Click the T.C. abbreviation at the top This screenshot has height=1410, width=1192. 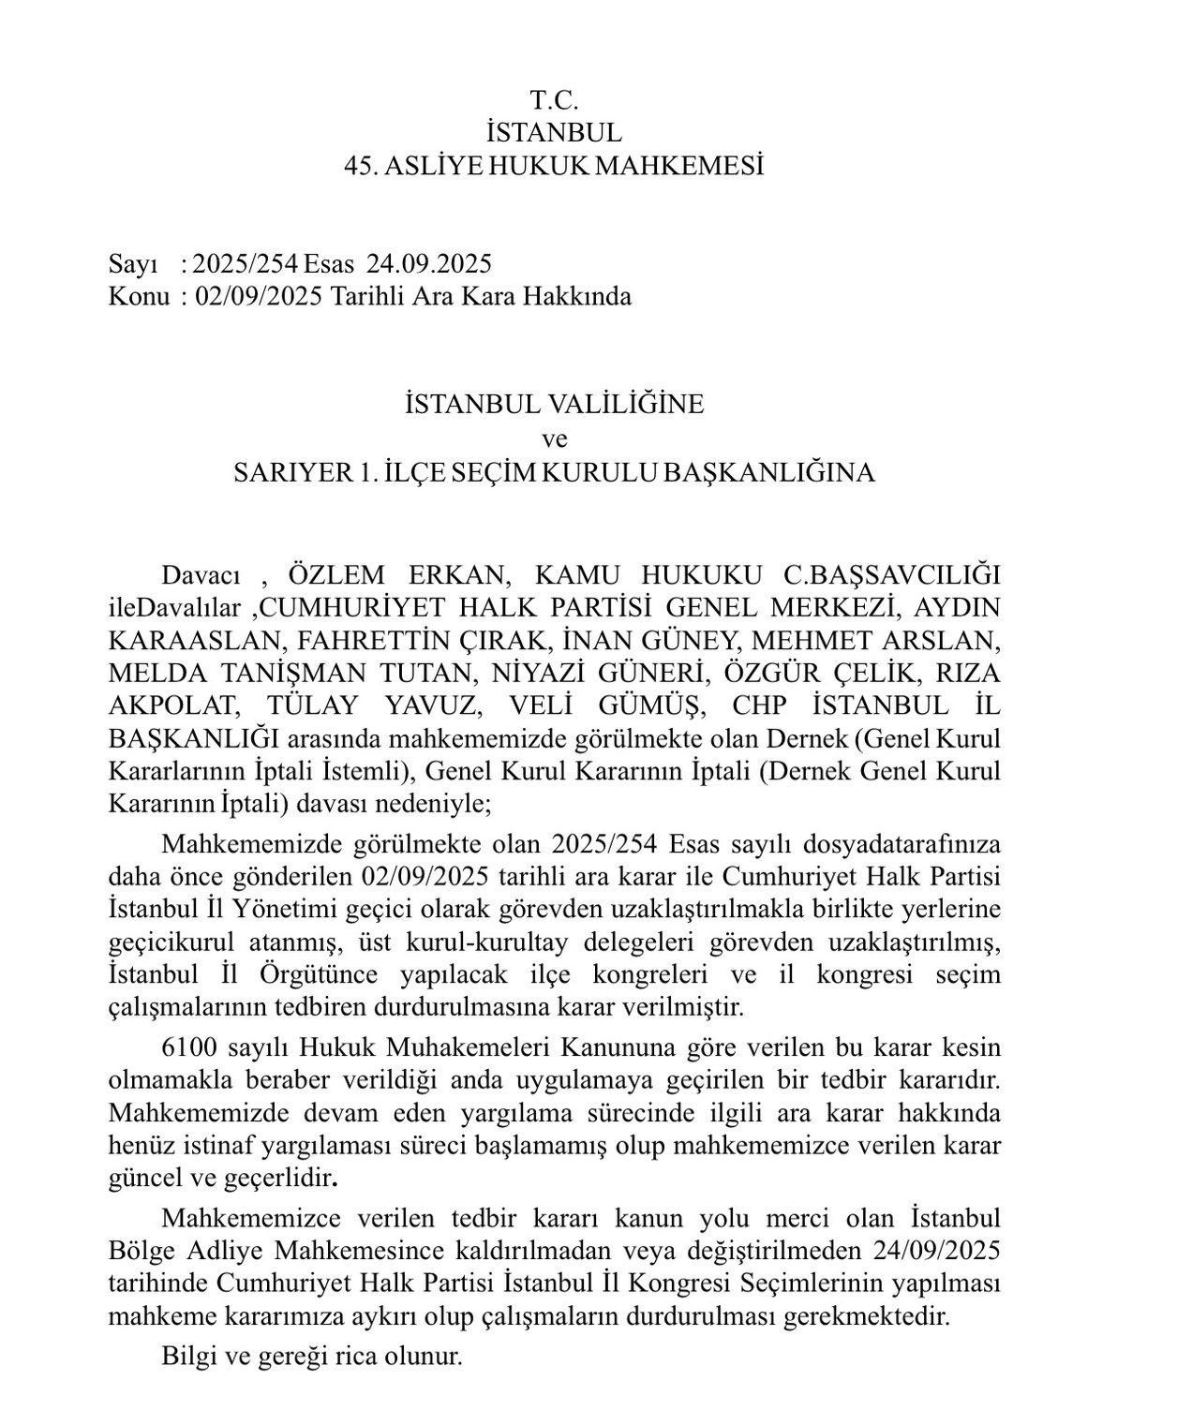tap(555, 98)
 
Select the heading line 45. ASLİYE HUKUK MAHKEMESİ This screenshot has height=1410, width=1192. tap(554, 167)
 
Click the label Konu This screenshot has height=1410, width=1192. tap(139, 297)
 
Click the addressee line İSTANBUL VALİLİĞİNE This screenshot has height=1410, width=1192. tap(554, 405)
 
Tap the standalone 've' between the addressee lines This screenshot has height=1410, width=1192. tap(555, 438)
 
